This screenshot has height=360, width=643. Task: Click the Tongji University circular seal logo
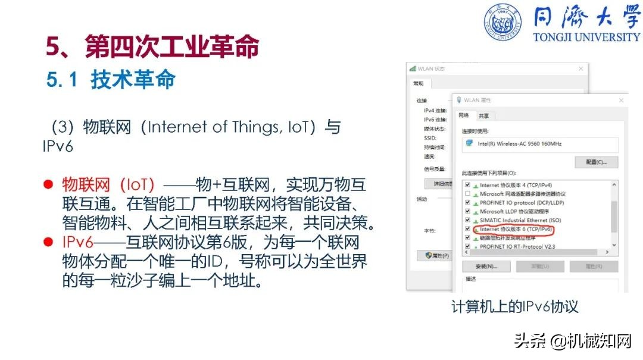tap(502, 22)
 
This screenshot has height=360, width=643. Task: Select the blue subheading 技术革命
tap(133, 79)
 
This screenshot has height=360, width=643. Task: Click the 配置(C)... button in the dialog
tap(596, 162)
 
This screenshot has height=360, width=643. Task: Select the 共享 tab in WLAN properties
tap(484, 116)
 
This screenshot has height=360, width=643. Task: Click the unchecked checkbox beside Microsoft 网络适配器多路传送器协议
tap(467, 194)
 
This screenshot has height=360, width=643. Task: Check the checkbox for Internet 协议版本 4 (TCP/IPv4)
tap(467, 185)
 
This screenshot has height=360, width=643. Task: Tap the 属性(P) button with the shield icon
tap(437, 255)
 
